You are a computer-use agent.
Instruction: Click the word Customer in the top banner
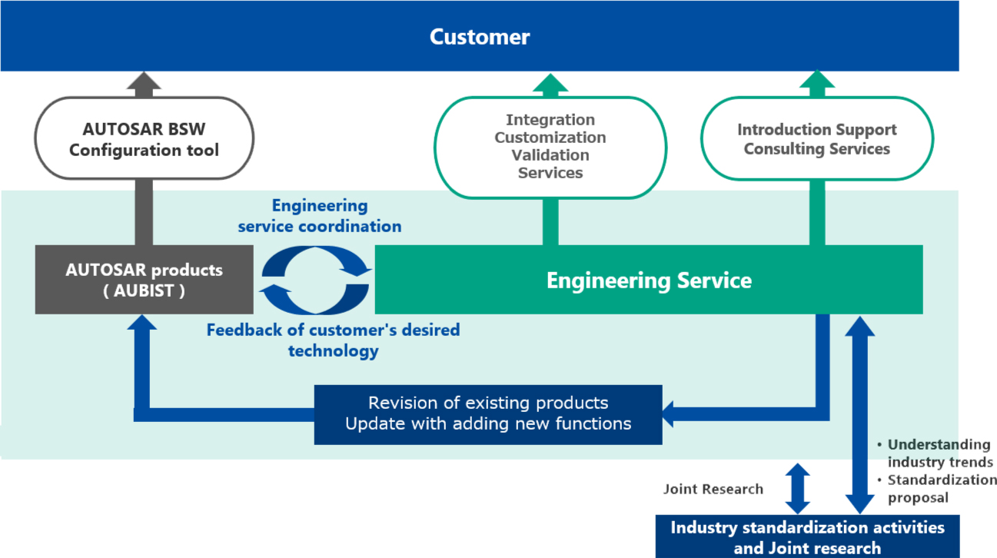[480, 36]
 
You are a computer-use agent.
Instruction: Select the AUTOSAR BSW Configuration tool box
[145, 138]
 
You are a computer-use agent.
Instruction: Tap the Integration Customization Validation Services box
[550, 148]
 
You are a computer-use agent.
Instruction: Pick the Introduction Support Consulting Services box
[816, 138]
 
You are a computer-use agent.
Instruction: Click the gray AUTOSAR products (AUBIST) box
[145, 280]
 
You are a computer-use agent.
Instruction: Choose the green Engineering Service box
[649, 280]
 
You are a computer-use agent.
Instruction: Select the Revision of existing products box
[488, 414]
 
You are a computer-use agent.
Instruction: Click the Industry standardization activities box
[807, 536]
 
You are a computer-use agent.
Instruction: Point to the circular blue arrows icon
[315, 281]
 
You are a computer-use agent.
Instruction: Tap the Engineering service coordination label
[320, 216]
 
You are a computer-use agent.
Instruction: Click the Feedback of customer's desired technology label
[333, 340]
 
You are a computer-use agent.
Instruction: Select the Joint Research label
[713, 489]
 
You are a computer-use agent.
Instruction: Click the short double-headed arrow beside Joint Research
[797, 489]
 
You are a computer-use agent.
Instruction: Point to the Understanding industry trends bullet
[935, 453]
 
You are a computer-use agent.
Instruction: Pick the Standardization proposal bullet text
[937, 489]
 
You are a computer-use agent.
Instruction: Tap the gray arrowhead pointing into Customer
[144, 81]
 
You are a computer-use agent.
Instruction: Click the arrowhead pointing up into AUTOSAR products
[142, 323]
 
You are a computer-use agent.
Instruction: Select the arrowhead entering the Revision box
[668, 414]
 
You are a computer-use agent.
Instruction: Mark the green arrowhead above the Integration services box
[550, 83]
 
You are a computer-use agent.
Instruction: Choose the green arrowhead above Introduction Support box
[816, 79]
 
